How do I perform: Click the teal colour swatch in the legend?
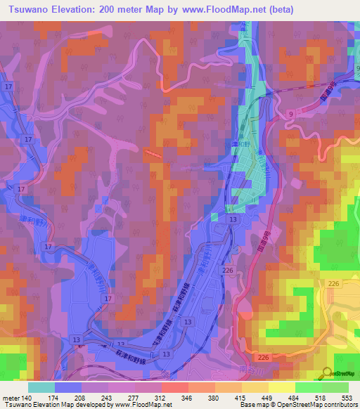click(41, 387)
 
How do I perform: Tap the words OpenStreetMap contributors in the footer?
click(320, 405)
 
